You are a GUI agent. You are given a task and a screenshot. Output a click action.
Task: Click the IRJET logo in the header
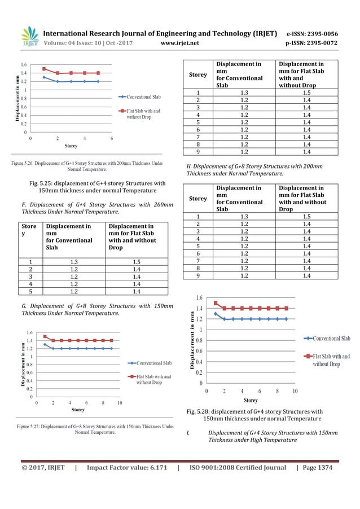click(x=29, y=37)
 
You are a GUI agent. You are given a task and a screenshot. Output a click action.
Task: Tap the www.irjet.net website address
click(x=179, y=43)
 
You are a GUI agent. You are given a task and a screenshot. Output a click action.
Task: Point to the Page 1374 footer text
click(x=318, y=467)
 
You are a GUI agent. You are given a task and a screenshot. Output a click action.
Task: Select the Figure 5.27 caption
click(x=95, y=429)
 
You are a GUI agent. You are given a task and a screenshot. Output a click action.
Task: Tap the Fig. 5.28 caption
click(x=254, y=415)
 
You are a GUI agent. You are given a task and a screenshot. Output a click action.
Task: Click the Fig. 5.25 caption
click(x=97, y=186)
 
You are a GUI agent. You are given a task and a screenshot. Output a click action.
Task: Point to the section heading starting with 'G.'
click(x=97, y=309)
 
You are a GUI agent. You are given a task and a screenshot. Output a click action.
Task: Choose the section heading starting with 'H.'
click(x=254, y=170)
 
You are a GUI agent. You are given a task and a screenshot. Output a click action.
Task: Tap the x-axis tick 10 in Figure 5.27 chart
click(x=120, y=403)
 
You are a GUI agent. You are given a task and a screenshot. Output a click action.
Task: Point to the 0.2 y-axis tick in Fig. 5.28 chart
click(x=199, y=372)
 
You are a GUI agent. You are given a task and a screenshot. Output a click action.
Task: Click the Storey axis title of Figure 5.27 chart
click(x=78, y=410)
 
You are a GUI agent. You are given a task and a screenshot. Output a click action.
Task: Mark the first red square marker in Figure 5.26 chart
click(x=44, y=69)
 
